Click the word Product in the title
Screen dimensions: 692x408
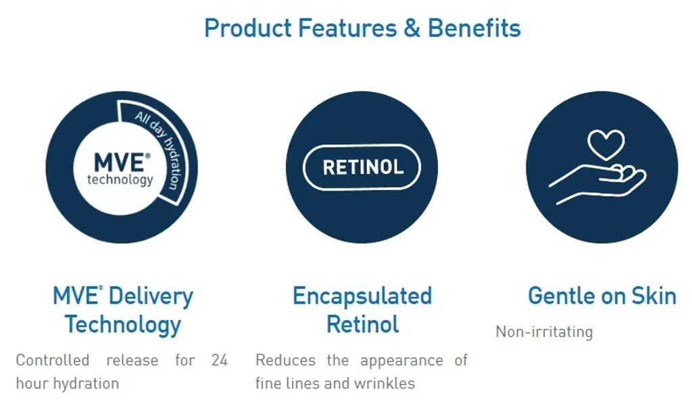247,28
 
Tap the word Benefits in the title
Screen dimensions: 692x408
474,28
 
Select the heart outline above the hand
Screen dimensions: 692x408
606,145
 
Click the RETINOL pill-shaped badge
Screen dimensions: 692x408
362,167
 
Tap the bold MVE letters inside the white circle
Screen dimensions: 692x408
119,162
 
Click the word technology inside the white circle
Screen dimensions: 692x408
120,179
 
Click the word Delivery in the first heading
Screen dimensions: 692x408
151,296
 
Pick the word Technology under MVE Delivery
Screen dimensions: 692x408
123,325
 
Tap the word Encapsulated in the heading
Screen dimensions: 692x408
362,296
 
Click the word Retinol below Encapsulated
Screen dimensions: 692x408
363,325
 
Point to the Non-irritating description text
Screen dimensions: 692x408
544,332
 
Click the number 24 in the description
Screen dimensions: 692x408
220,360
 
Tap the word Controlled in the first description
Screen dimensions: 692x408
53,360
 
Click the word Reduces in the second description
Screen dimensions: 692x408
286,360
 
